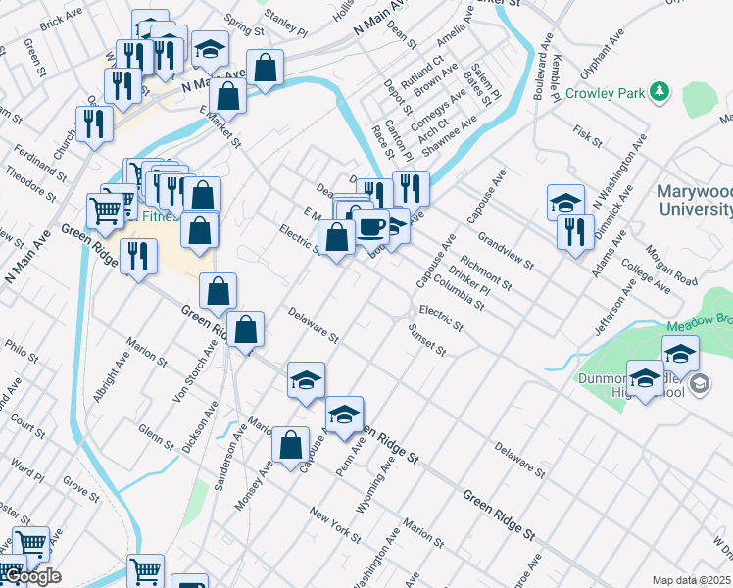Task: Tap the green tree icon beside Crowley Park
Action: click(x=660, y=92)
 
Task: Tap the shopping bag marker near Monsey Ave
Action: click(x=290, y=445)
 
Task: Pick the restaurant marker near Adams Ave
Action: click(x=575, y=231)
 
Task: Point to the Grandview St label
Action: click(x=505, y=250)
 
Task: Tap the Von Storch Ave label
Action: click(x=194, y=372)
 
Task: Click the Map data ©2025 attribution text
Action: click(x=692, y=580)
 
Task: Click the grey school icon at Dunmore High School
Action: click(x=697, y=383)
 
